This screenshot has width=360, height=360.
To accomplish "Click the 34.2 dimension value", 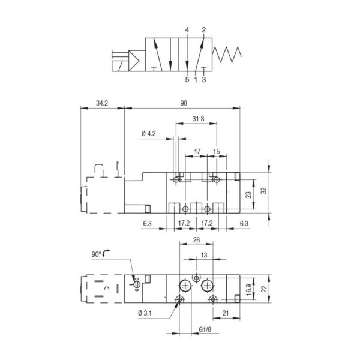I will pyautogui.click(x=102, y=104).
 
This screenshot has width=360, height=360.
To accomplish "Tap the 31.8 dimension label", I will pyautogui.click(x=198, y=119).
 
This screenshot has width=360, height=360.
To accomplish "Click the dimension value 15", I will pyautogui.click(x=217, y=152).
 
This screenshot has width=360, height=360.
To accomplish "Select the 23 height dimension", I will pyautogui.click(x=248, y=194).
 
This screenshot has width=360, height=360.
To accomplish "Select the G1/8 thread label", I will pyautogui.click(x=206, y=329).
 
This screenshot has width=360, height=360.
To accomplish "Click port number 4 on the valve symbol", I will pyautogui.click(x=187, y=29).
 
